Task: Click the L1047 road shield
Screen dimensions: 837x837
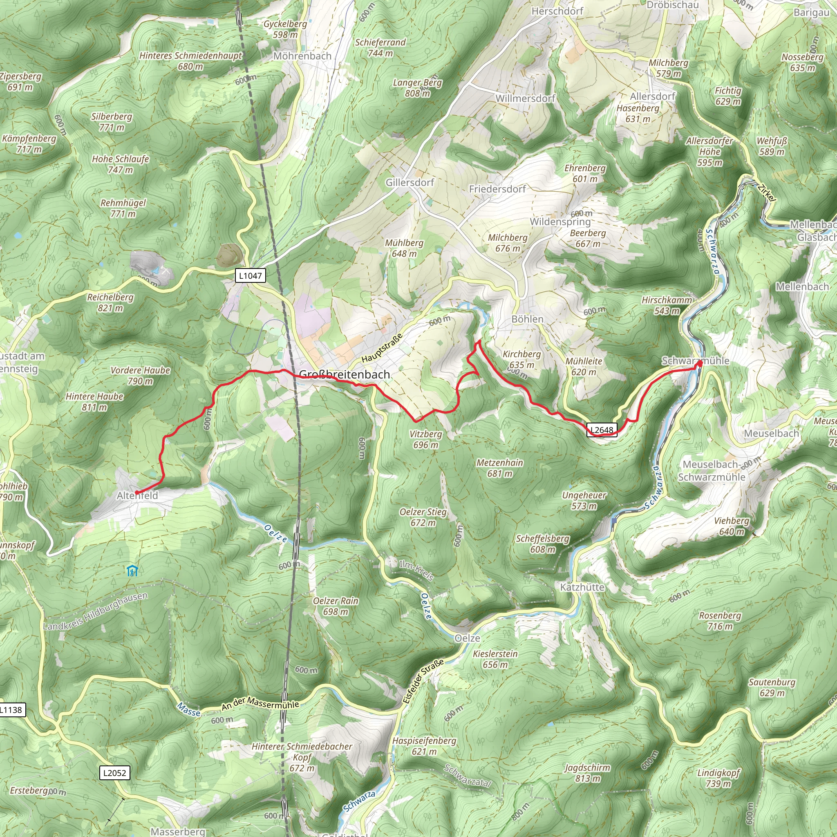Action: click(251, 275)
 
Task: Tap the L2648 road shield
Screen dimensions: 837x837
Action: click(602, 430)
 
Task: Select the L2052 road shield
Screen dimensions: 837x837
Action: click(115, 772)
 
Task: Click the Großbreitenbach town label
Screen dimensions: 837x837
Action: click(345, 374)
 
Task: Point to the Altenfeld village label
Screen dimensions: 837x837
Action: click(137, 496)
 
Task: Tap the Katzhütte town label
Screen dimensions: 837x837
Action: click(582, 587)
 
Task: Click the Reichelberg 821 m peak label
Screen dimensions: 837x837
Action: click(110, 302)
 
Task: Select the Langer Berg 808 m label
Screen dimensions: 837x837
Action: click(417, 87)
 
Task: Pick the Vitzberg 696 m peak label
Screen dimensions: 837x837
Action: click(425, 439)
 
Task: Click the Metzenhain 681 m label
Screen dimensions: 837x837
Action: click(499, 468)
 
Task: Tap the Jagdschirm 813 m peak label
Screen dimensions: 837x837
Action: click(587, 773)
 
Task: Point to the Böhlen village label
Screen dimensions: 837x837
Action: click(527, 319)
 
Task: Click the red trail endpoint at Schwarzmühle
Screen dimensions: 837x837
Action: click(699, 364)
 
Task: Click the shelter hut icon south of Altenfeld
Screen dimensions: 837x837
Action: click(132, 571)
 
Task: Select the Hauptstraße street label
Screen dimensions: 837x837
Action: click(382, 348)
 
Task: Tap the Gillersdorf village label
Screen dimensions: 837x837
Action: click(410, 182)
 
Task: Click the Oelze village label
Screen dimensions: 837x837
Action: click(467, 638)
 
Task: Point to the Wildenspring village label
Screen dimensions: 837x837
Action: click(560, 222)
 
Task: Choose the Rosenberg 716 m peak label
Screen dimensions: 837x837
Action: click(720, 620)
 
